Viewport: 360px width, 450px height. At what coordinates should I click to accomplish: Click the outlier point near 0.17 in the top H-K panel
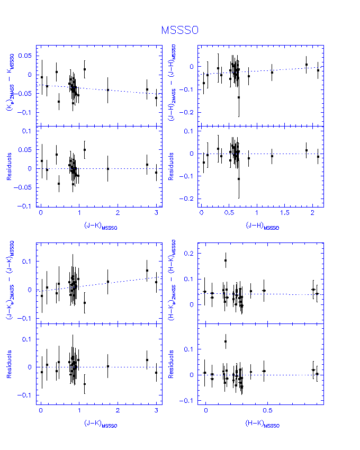[226, 260]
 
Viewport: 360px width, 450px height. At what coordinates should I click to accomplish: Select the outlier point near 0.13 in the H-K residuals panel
[226, 341]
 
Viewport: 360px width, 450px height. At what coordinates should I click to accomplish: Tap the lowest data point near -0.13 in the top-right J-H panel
[239, 97]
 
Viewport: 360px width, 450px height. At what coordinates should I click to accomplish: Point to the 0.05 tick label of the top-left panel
[25, 56]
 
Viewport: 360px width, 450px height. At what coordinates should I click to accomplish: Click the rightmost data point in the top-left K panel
[156, 98]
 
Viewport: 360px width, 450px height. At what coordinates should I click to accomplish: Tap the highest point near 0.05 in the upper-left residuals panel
[85, 150]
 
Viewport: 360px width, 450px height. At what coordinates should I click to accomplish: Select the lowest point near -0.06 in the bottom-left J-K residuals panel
[85, 384]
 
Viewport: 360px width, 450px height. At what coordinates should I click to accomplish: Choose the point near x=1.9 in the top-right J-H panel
[307, 65]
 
